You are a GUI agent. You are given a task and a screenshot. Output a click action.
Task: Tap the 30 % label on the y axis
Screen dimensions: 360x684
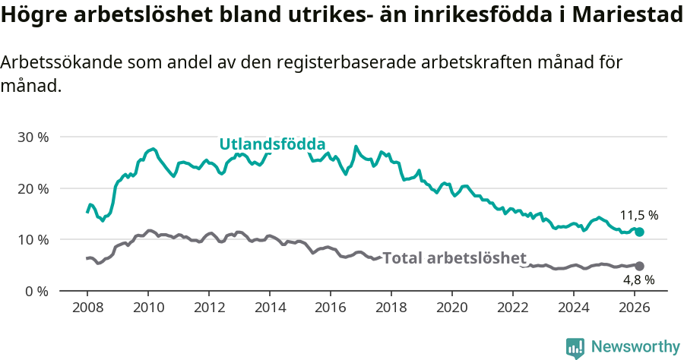(33, 137)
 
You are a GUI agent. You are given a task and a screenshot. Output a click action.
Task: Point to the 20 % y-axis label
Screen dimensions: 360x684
(33, 188)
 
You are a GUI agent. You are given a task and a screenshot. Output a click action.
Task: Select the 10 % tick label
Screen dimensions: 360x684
(33, 240)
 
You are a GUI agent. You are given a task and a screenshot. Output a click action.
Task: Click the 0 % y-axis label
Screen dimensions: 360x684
(36, 291)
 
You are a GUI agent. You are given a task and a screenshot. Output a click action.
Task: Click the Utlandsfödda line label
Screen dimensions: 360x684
(272, 144)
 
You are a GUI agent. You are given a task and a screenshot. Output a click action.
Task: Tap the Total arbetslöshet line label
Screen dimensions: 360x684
(454, 258)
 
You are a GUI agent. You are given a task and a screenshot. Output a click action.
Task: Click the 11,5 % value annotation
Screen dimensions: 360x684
(638, 215)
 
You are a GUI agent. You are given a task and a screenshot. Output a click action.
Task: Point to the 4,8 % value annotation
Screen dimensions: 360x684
(638, 279)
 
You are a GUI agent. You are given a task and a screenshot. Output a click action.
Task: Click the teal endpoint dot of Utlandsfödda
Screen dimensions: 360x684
(639, 232)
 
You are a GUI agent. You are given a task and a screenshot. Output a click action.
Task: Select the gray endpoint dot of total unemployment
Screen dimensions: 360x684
(639, 266)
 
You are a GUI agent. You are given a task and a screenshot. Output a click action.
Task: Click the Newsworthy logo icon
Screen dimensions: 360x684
(575, 347)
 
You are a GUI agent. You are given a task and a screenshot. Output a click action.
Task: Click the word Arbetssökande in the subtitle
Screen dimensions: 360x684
(52, 64)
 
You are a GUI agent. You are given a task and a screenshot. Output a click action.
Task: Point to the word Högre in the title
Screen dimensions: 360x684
(34, 17)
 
